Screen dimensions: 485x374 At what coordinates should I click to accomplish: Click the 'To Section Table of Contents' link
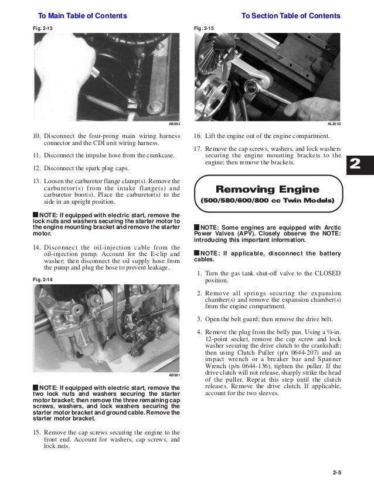291,16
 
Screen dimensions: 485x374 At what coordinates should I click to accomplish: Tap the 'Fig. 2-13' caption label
42,28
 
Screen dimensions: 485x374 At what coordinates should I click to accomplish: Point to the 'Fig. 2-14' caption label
42,281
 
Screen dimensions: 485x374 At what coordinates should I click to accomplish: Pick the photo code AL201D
334,124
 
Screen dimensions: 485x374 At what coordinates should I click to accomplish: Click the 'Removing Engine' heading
267,189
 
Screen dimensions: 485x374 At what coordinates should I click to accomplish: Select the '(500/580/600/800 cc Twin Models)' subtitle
267,201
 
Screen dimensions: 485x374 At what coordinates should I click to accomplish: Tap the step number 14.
37,247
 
